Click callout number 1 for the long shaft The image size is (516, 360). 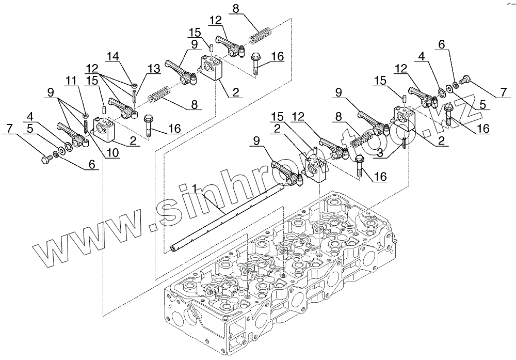194,187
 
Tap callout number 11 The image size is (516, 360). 70,81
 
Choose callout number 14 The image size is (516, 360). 114,56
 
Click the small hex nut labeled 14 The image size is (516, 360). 134,85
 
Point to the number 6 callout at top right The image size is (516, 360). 441,45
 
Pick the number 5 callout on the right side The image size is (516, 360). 481,104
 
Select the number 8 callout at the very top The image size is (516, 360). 236,8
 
